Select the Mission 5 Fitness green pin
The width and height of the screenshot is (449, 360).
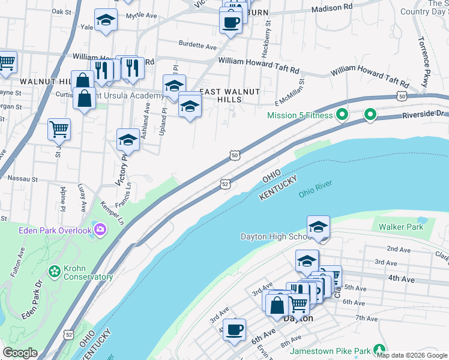click(x=342, y=113)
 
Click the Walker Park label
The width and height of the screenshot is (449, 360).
click(x=400, y=227)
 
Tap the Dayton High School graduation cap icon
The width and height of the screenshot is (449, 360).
click(x=318, y=227)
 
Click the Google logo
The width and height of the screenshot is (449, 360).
click(x=20, y=353)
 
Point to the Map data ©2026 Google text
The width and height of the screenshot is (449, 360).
click(x=412, y=355)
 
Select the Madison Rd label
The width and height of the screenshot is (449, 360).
click(x=332, y=8)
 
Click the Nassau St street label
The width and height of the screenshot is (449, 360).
click(x=22, y=179)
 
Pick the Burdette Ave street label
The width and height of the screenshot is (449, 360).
click(x=197, y=46)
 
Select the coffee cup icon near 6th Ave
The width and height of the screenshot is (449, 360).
click(x=234, y=329)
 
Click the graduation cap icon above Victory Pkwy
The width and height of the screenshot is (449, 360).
click(x=128, y=140)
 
